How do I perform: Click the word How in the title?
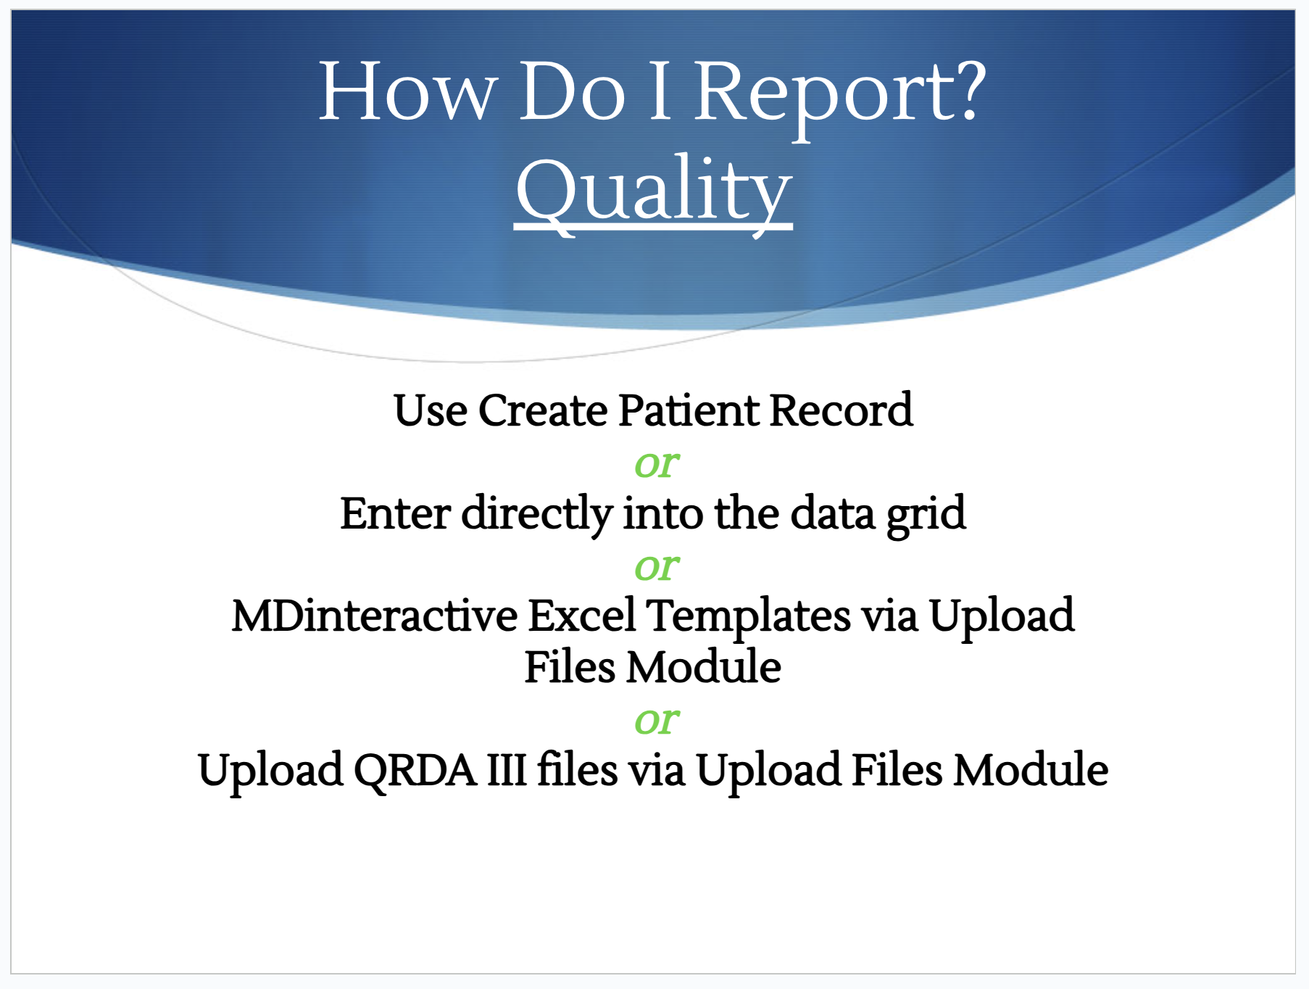tap(408, 92)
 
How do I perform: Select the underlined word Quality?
tap(653, 192)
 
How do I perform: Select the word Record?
tap(841, 410)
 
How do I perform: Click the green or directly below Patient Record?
tap(657, 464)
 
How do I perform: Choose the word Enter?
tap(395, 513)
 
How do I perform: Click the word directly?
tap(537, 515)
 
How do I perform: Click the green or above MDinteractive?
tap(657, 567)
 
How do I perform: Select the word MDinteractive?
tap(374, 616)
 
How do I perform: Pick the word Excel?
tap(582, 616)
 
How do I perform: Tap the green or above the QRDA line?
tap(657, 721)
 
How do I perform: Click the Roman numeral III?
tap(507, 770)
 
